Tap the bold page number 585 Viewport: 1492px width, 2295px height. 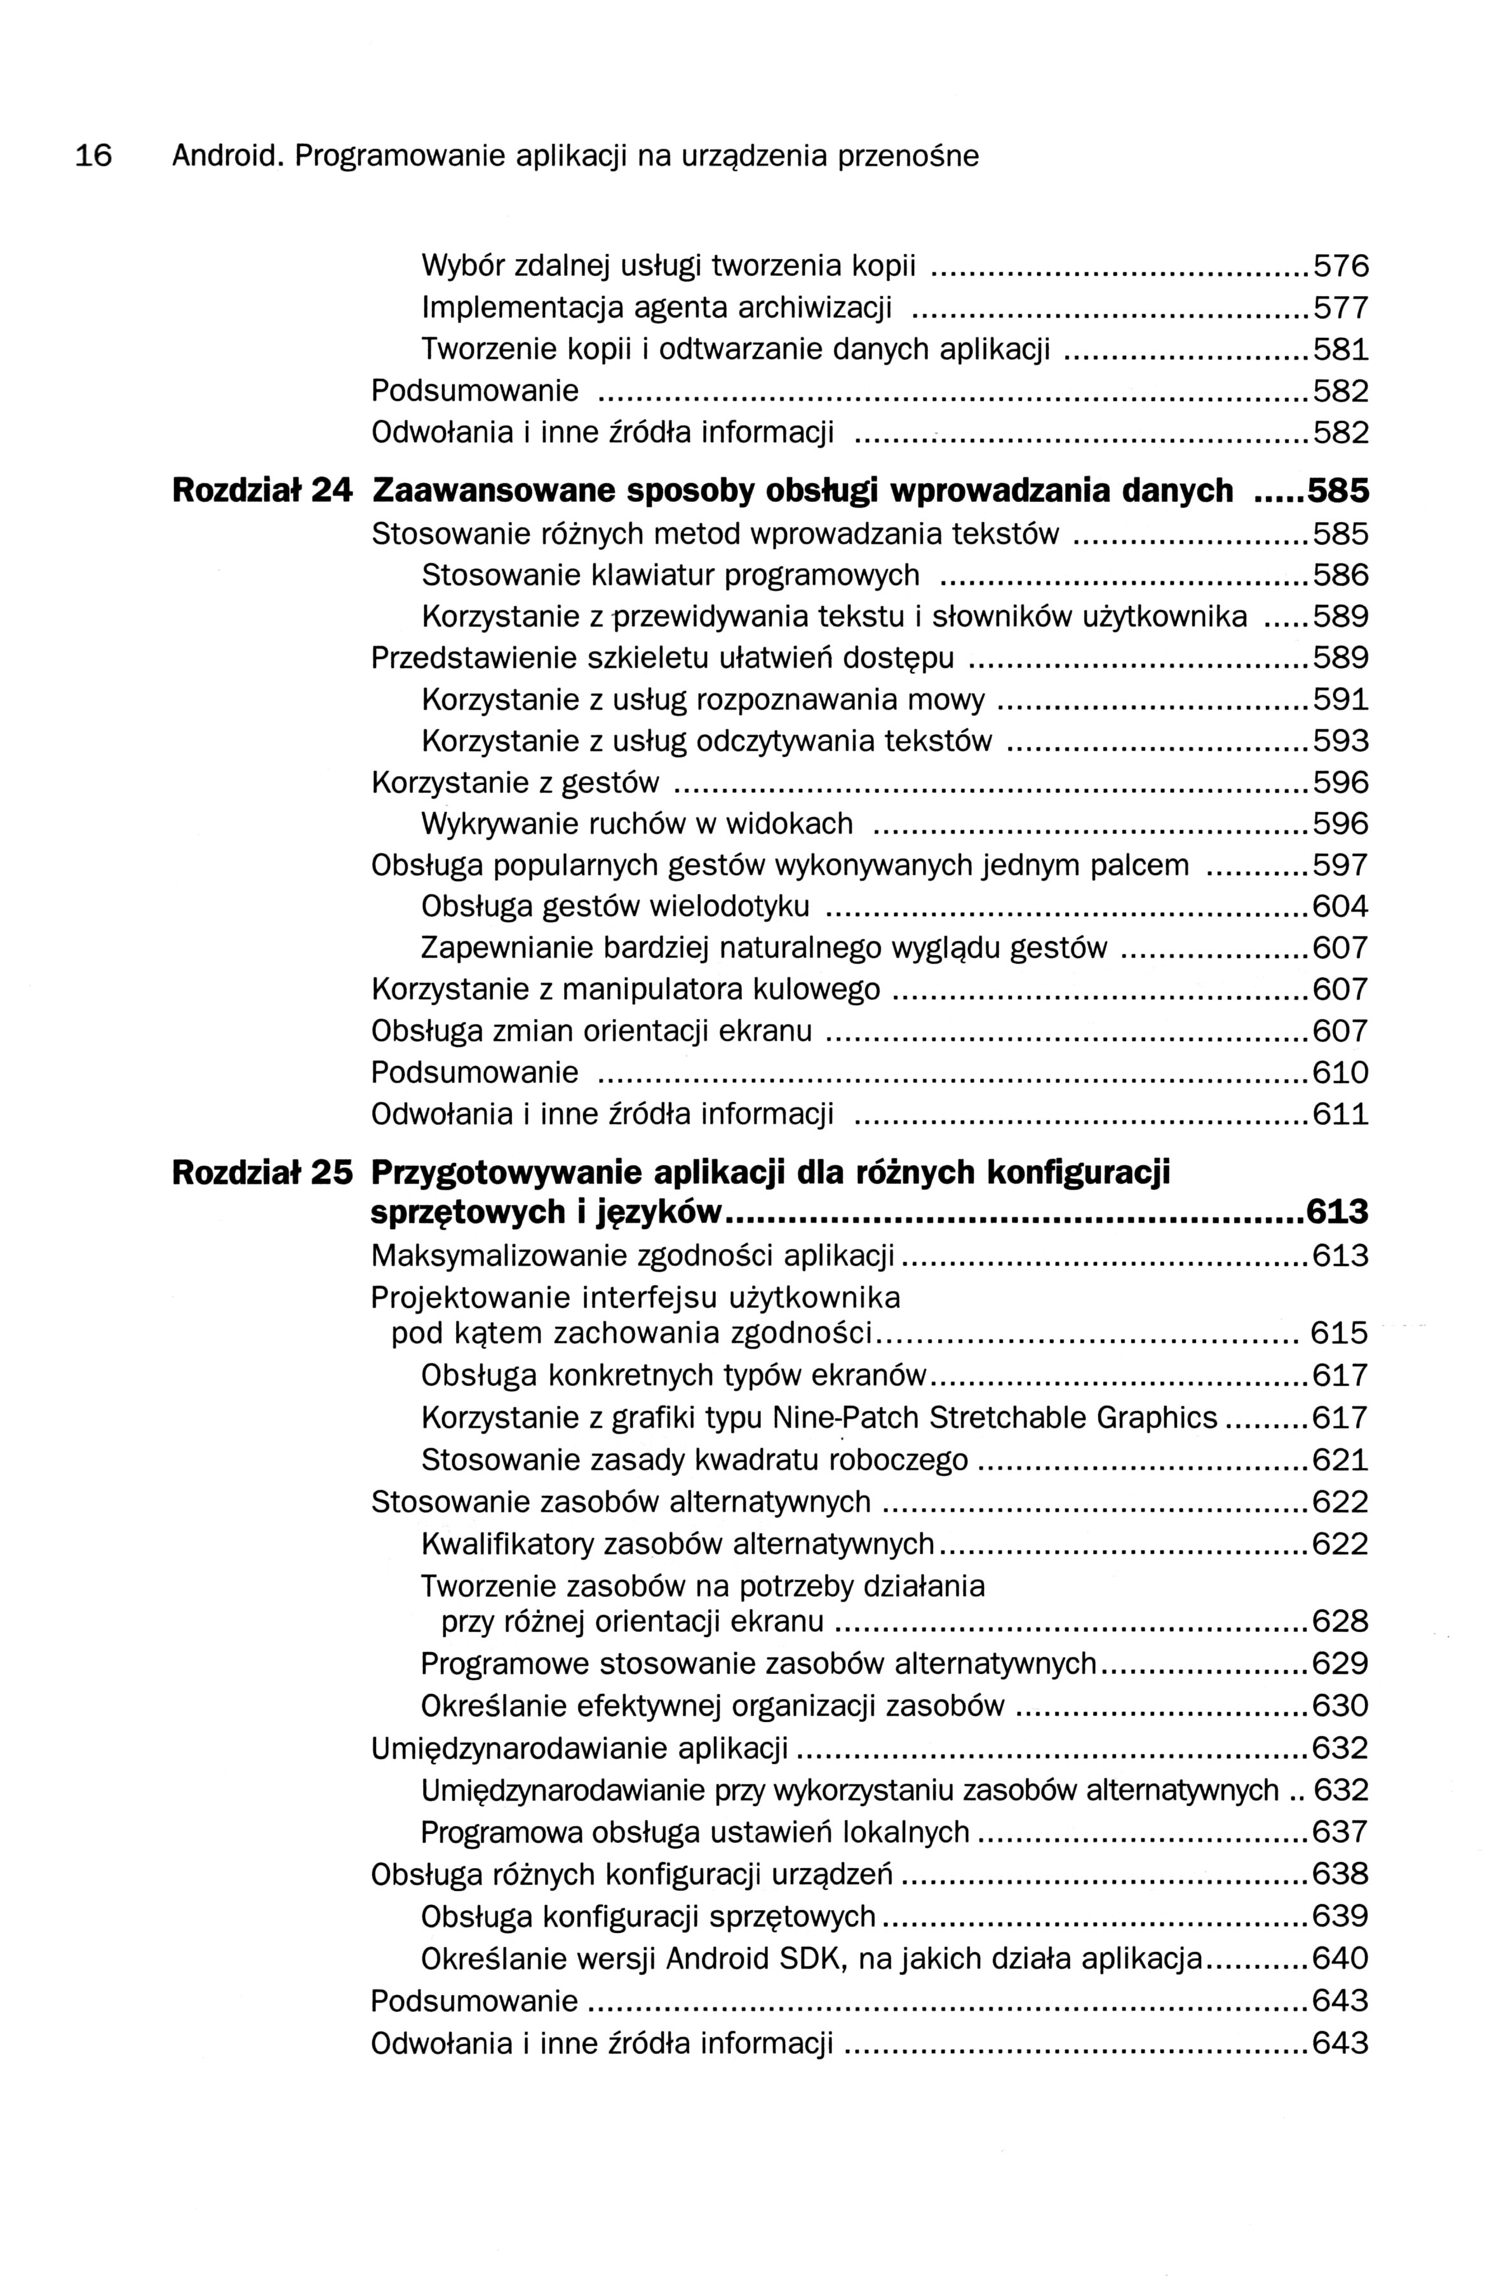pos(1337,491)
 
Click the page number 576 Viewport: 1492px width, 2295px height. pos(1341,266)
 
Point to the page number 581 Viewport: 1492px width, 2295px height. pos(1341,349)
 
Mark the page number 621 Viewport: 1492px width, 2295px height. pos(1341,1460)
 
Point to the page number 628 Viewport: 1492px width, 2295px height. pos(1341,1622)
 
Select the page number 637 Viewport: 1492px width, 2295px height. pos(1341,1831)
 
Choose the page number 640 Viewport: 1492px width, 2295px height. pos(1341,1958)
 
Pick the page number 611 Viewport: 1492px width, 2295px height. pos(1341,1115)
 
